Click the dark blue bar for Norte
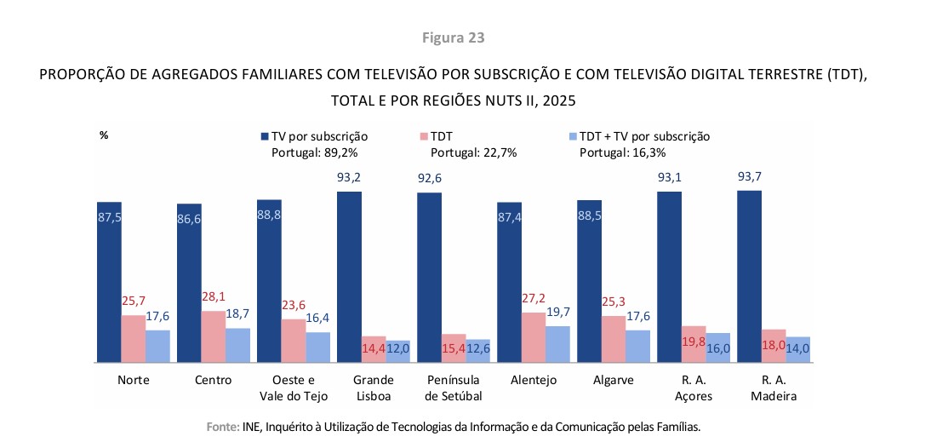pos(109,282)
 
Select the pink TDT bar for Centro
pos(214,336)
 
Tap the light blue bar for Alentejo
pos(557,344)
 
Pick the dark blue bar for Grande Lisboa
pos(349,277)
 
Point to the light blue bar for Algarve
pos(637,346)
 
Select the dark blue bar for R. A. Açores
pos(669,277)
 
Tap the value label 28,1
pos(214,298)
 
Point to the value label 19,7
pos(557,313)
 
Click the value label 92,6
pos(429,179)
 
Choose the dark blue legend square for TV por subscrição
pos(265,136)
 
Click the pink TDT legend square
pos(423,136)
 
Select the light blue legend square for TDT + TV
pos(572,136)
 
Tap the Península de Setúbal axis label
pos(452,388)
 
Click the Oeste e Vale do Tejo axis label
pos(292,388)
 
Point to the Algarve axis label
pos(613,380)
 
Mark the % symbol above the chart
pos(104,135)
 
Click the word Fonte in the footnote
pos(223,426)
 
